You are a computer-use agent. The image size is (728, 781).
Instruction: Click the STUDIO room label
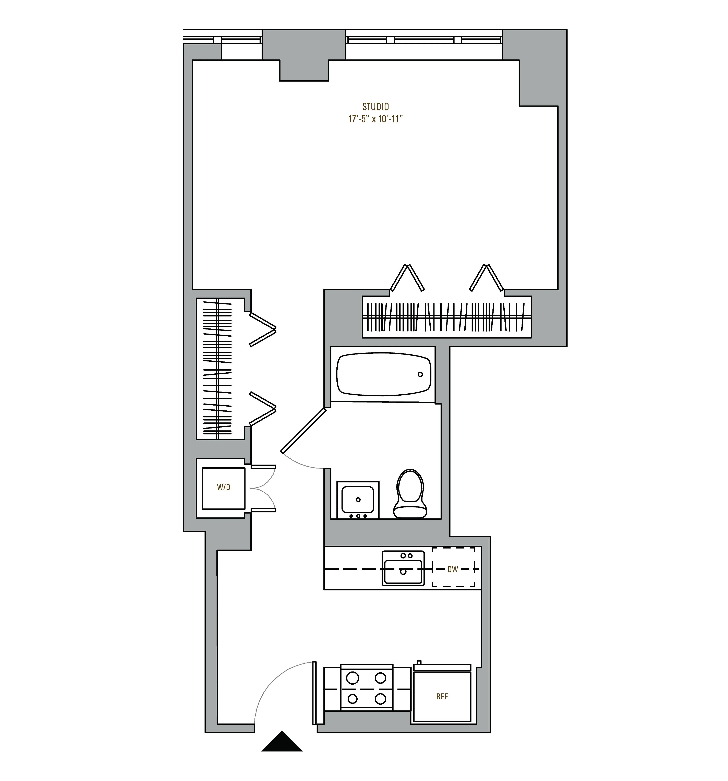(x=375, y=106)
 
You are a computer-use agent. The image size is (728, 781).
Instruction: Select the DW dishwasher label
(x=453, y=569)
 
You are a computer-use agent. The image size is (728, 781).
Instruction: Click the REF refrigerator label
(x=442, y=697)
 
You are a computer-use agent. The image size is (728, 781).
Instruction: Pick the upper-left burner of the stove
(x=353, y=678)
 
